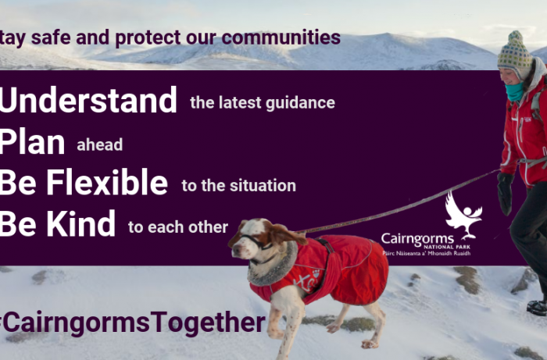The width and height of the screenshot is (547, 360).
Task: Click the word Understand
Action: coord(88,100)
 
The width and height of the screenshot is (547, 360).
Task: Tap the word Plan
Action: coord(32,142)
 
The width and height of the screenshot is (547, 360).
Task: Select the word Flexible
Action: coord(107,183)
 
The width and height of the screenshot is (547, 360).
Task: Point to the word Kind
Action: coord(81,223)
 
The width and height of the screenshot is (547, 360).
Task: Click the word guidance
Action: coord(300,104)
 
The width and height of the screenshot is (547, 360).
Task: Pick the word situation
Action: coord(263,185)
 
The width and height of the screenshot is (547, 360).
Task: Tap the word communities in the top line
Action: coord(281,37)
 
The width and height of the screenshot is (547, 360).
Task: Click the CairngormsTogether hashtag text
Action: coord(132,323)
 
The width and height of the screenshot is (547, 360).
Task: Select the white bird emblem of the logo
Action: coord(463,215)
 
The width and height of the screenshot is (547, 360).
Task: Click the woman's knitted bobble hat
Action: coord(515,54)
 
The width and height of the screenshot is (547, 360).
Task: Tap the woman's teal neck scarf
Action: coord(515,92)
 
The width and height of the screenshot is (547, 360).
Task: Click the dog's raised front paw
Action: coord(369,344)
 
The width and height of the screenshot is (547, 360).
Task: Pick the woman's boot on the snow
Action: coord(538,308)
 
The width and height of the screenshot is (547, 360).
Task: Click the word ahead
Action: coord(100,145)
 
